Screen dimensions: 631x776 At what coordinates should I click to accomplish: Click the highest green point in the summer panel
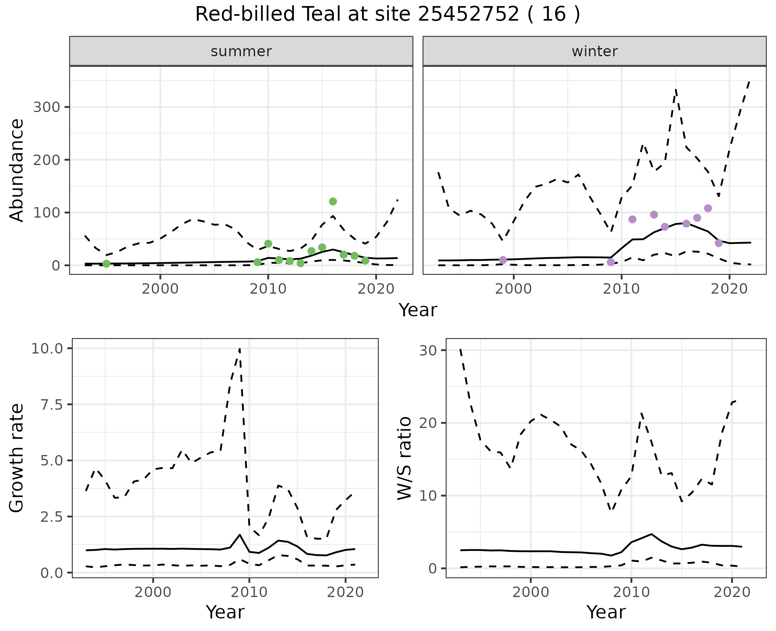pyautogui.click(x=333, y=201)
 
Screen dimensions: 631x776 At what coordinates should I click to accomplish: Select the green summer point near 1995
pyautogui.click(x=106, y=264)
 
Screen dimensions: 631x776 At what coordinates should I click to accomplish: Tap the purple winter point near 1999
pyautogui.click(x=503, y=260)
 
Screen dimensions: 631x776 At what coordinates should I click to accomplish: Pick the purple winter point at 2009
pyautogui.click(x=611, y=262)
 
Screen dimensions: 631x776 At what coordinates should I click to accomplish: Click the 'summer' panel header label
pyautogui.click(x=241, y=51)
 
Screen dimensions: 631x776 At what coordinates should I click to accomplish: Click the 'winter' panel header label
pyautogui.click(x=595, y=51)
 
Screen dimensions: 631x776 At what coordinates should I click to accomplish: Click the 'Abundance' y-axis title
pyautogui.click(x=17, y=170)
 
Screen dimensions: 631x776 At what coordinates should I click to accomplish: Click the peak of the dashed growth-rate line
pyautogui.click(x=240, y=349)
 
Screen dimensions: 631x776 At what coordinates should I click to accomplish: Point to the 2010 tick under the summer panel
pyautogui.click(x=268, y=289)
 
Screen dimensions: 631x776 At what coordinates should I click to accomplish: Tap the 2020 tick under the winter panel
pyautogui.click(x=729, y=289)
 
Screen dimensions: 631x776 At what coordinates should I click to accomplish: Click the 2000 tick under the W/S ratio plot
pyautogui.click(x=530, y=593)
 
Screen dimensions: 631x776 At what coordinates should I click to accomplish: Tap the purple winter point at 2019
pyautogui.click(x=719, y=243)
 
